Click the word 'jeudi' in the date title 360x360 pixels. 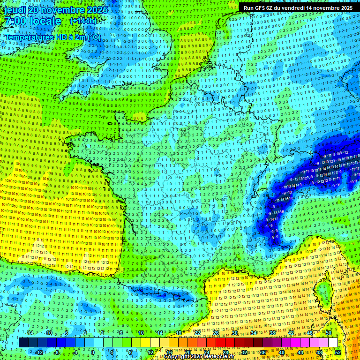(x=15, y=10)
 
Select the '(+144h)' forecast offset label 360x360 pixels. (x=83, y=21)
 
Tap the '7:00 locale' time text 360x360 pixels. (x=32, y=22)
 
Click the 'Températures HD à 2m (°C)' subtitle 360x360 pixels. (x=52, y=37)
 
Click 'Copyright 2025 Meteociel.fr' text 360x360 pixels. (x=199, y=357)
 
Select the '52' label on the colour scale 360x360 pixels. (x=338, y=352)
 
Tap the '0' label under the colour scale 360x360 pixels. (x=93, y=352)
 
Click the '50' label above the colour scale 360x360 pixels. (x=329, y=333)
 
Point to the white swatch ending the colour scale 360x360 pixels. (x=333, y=343)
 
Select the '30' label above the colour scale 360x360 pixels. (x=234, y=333)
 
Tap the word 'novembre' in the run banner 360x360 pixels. (x=323, y=8)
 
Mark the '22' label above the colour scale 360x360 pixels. (x=197, y=333)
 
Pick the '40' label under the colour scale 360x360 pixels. (x=282, y=352)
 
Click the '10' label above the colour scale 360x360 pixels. (x=141, y=333)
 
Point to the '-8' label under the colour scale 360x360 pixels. (x=56, y=352)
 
